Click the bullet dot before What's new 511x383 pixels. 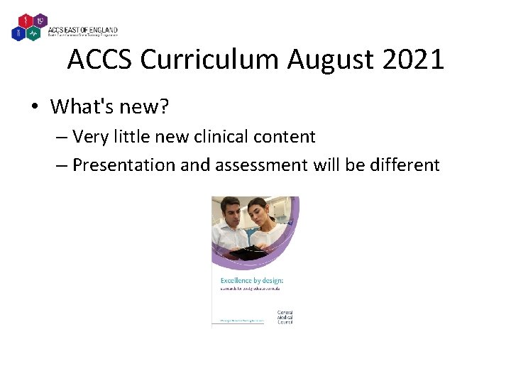click(34, 107)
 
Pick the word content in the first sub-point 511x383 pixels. click(287, 135)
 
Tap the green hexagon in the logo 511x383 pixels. click(34, 33)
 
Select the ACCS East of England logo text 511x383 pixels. click(82, 30)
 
